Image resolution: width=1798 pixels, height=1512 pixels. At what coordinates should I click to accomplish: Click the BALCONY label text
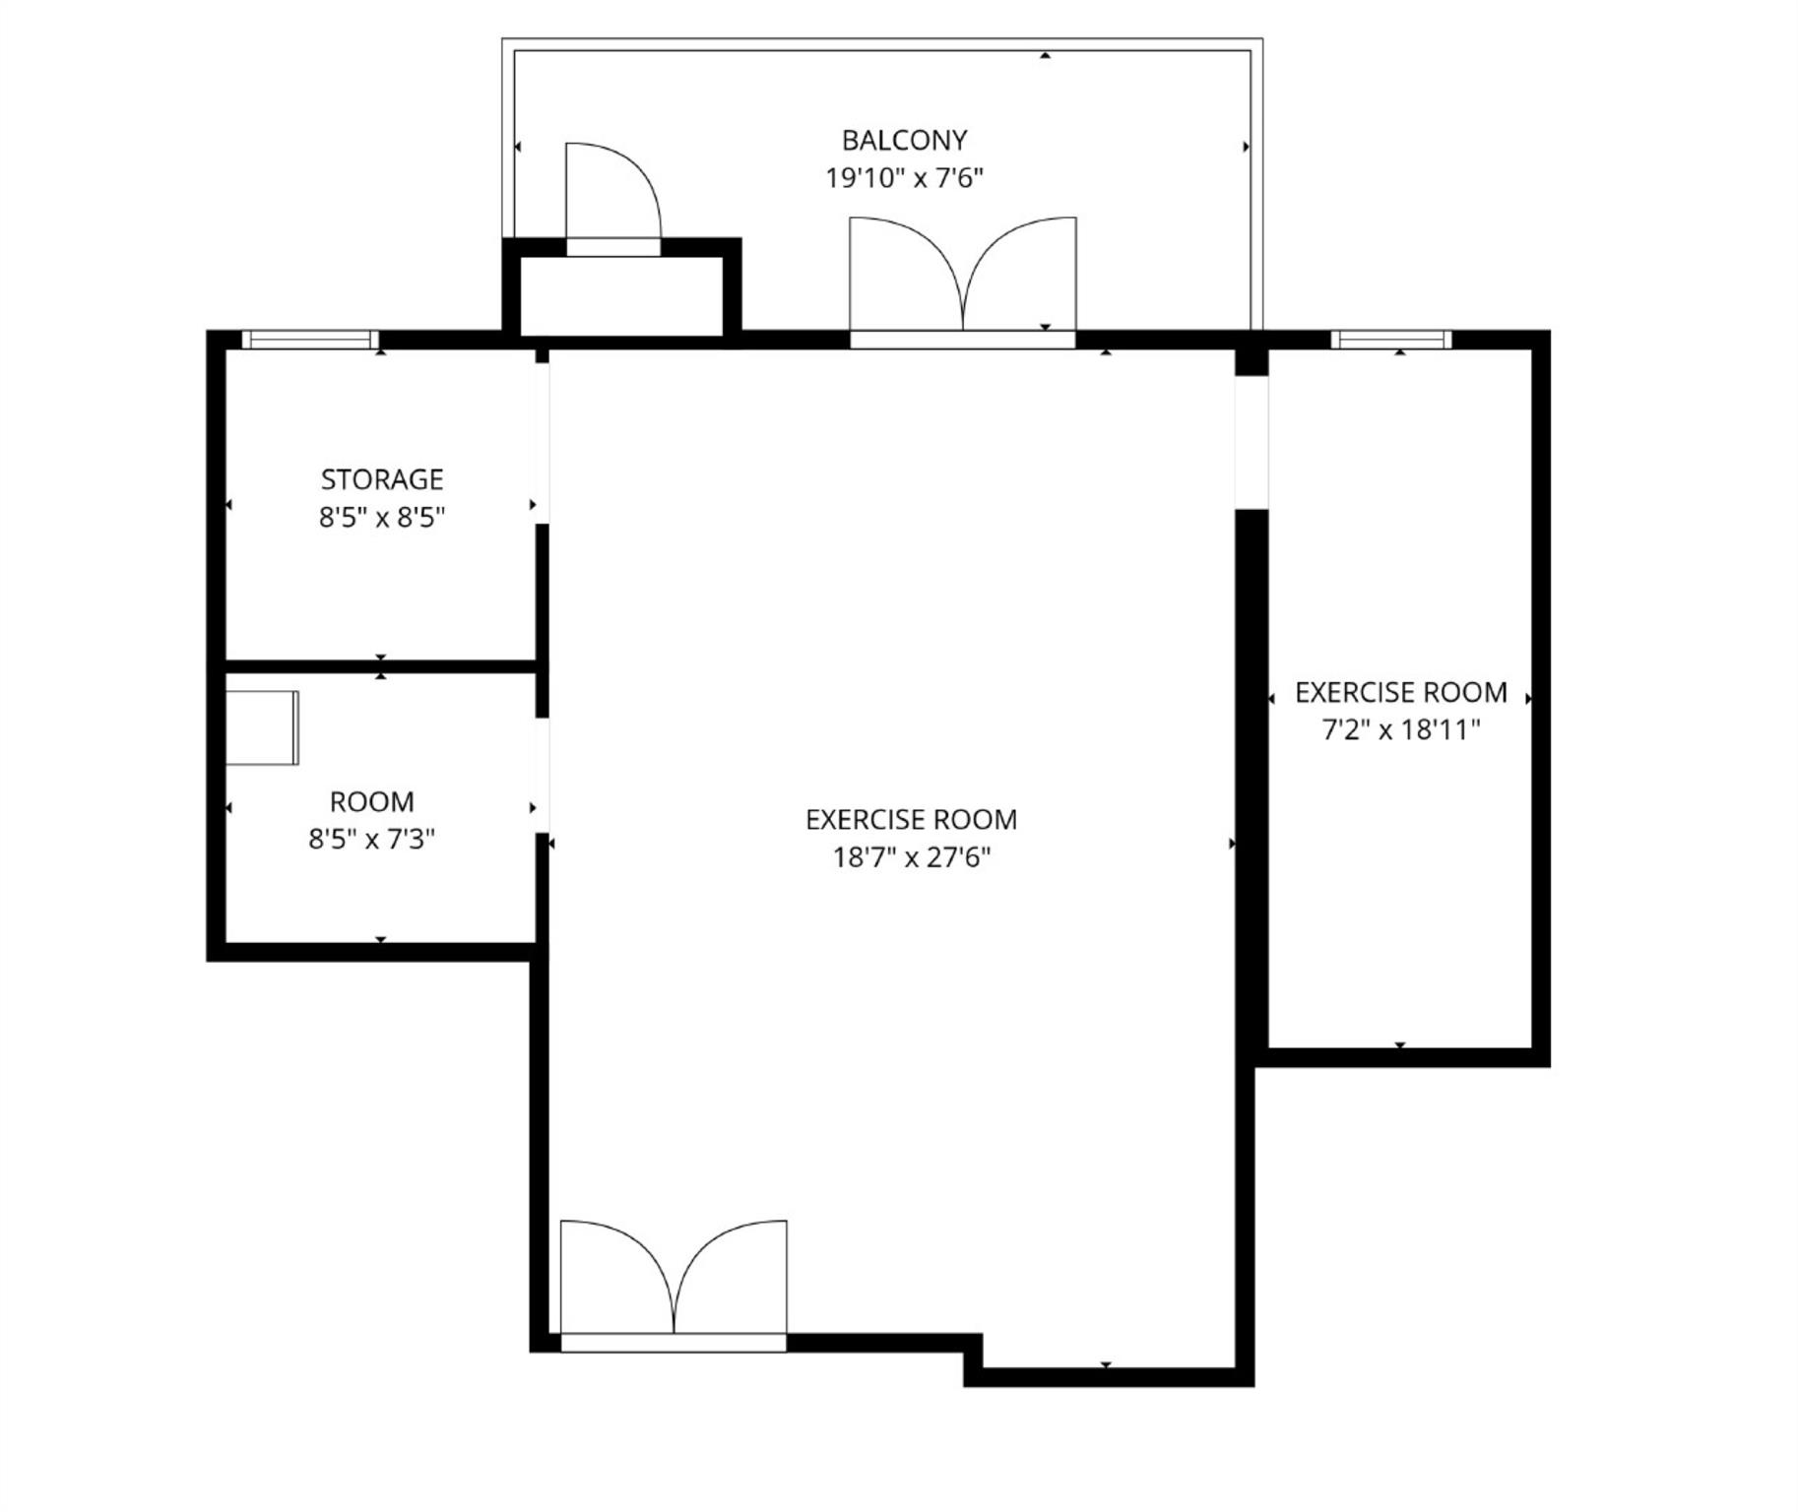coord(904,141)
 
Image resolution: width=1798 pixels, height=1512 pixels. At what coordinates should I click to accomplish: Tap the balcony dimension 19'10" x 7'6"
coord(904,178)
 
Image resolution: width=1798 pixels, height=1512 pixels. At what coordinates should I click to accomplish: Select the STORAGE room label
coord(382,479)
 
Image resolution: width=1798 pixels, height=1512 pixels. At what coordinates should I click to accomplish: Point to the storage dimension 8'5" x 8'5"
coord(382,517)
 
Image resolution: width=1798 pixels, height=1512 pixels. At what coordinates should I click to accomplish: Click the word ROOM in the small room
coord(371,802)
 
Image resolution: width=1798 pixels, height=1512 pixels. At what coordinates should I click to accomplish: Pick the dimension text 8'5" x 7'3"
coord(371,840)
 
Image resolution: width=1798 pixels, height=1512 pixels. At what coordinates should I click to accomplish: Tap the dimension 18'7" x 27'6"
coord(911,857)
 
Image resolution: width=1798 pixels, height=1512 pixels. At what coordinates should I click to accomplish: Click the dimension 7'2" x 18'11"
coord(1401,730)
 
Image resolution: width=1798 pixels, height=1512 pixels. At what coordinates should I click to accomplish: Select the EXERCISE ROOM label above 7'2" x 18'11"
coord(1401,693)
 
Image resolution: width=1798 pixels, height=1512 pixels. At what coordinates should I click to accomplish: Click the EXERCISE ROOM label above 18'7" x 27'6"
coord(911,820)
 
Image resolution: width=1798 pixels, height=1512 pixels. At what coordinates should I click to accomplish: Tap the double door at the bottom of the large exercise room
coord(674,1283)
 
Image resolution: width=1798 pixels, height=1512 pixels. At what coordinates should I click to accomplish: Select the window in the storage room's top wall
coord(310,340)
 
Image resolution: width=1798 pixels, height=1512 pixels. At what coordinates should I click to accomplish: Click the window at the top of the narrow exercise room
coord(1391,340)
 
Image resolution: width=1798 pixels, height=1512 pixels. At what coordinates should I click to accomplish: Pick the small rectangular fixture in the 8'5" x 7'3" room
coord(262,727)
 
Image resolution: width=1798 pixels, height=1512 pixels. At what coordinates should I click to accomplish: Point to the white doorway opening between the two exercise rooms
coord(1252,442)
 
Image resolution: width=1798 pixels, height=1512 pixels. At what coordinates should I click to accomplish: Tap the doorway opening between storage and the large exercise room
coord(542,443)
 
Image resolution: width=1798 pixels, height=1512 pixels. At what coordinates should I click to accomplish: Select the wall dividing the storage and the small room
coord(381,666)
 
